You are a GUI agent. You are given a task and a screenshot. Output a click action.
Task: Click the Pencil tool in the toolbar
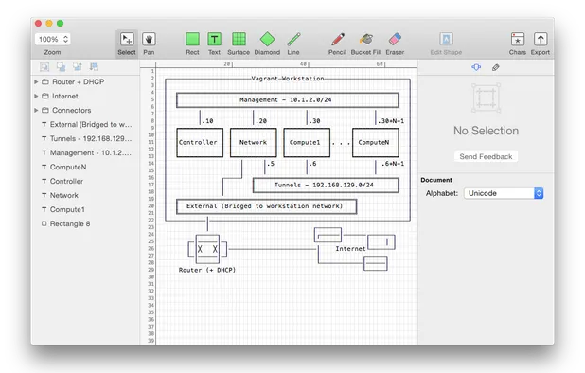tap(337, 40)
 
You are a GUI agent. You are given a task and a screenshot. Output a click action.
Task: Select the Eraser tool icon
tap(395, 40)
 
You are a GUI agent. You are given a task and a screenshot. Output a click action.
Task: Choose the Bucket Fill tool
tap(365, 40)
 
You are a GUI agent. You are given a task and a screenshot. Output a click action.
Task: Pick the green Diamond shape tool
tap(267, 40)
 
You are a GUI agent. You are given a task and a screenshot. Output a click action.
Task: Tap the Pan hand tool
tap(150, 40)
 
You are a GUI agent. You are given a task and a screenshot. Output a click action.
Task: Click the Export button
tap(541, 40)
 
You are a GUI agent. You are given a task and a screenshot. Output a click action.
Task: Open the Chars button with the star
tap(517, 40)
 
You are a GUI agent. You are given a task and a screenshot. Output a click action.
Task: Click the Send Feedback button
tap(486, 156)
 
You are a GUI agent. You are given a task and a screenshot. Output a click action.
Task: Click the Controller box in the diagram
tap(199, 142)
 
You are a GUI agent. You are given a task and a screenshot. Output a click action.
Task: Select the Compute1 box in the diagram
tap(305, 142)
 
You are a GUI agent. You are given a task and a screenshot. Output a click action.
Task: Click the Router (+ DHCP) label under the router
tap(207, 270)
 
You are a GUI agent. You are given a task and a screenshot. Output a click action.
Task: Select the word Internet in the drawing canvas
tap(351, 248)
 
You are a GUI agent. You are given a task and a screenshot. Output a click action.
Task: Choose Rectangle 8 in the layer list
tap(71, 223)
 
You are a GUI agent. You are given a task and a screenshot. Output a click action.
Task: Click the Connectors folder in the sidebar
tap(71, 110)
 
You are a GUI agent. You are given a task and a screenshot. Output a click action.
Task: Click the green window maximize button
tap(61, 22)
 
